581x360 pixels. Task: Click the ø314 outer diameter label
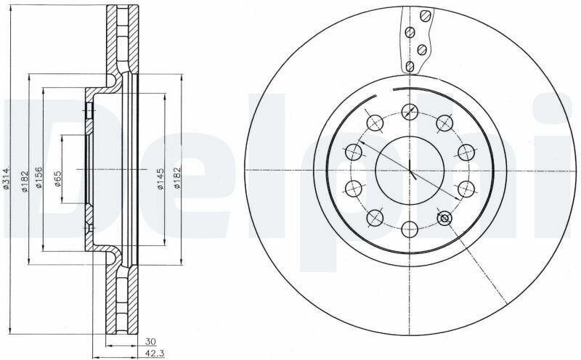7,179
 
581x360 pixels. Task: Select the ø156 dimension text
38,177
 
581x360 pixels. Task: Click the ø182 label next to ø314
25,181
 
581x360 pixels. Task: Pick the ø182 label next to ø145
177,178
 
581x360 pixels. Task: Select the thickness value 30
150,341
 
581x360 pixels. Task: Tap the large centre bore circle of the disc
410,136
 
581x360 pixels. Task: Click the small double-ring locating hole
444,218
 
